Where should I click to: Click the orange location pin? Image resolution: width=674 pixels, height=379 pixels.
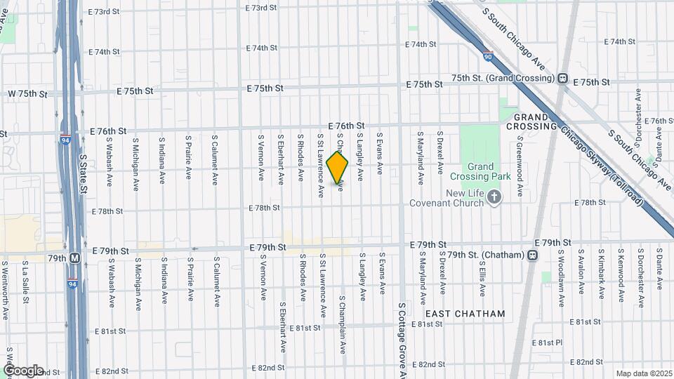click(338, 168)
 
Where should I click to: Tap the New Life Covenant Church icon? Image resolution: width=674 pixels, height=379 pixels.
click(494, 197)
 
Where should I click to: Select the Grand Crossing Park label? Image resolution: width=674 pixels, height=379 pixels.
click(481, 173)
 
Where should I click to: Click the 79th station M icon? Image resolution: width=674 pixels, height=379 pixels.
click(74, 258)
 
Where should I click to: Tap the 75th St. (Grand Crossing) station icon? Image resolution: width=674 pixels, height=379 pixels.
click(562, 79)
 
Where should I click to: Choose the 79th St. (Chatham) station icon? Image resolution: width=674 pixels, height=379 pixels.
click(533, 255)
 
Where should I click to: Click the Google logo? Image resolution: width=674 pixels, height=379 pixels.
click(23, 370)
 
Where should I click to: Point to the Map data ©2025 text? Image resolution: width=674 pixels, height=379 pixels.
click(643, 373)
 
